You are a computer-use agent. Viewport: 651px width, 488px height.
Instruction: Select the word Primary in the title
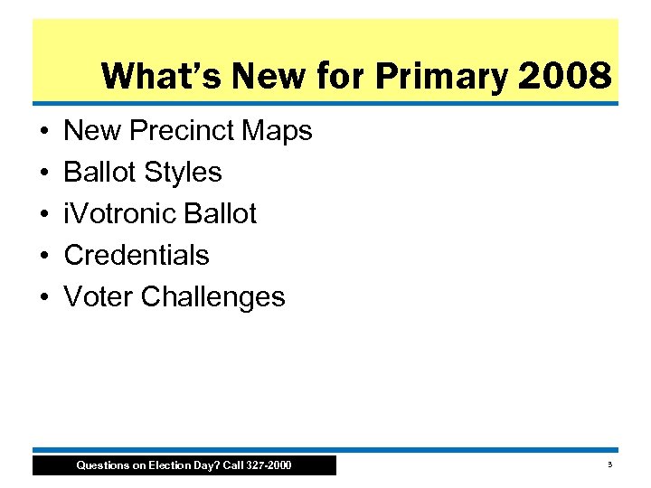441,76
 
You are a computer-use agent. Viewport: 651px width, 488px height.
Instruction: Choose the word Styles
180,173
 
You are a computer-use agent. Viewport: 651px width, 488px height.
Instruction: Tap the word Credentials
137,256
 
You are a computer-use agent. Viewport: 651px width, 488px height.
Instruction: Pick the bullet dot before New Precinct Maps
44,132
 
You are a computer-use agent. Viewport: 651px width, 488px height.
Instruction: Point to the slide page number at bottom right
609,465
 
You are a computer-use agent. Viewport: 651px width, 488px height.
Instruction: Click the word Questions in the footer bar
100,465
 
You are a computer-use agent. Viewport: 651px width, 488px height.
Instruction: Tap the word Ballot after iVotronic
220,214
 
